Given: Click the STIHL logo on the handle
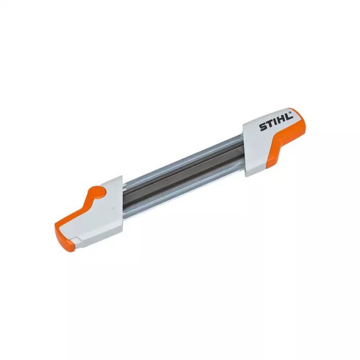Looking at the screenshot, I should [276, 121].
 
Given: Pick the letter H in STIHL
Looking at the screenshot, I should [280, 119].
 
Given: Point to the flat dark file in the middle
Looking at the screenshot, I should [180, 175].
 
